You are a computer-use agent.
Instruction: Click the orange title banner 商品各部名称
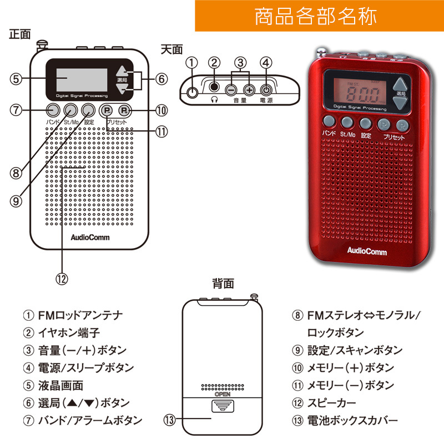click(319, 16)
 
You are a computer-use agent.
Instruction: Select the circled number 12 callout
click(62, 279)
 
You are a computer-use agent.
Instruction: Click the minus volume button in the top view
click(231, 89)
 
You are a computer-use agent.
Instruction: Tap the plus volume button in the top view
click(250, 89)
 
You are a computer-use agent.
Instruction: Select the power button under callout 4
click(267, 89)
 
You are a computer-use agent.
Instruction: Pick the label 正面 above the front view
click(20, 34)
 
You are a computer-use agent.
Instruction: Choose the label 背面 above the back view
click(223, 284)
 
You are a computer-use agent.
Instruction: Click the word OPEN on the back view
click(223, 394)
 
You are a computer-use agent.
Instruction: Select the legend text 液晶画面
click(60, 385)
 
